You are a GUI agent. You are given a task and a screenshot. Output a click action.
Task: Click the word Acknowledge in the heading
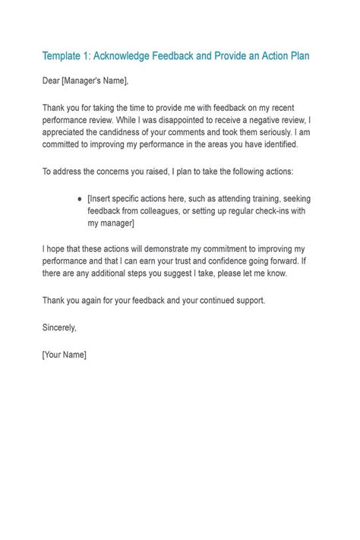click(130, 55)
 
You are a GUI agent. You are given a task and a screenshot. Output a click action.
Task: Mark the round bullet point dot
click(80, 198)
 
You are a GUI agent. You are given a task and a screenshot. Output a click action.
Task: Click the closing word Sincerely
click(60, 328)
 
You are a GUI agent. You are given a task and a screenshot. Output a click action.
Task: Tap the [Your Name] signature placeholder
click(65, 355)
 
